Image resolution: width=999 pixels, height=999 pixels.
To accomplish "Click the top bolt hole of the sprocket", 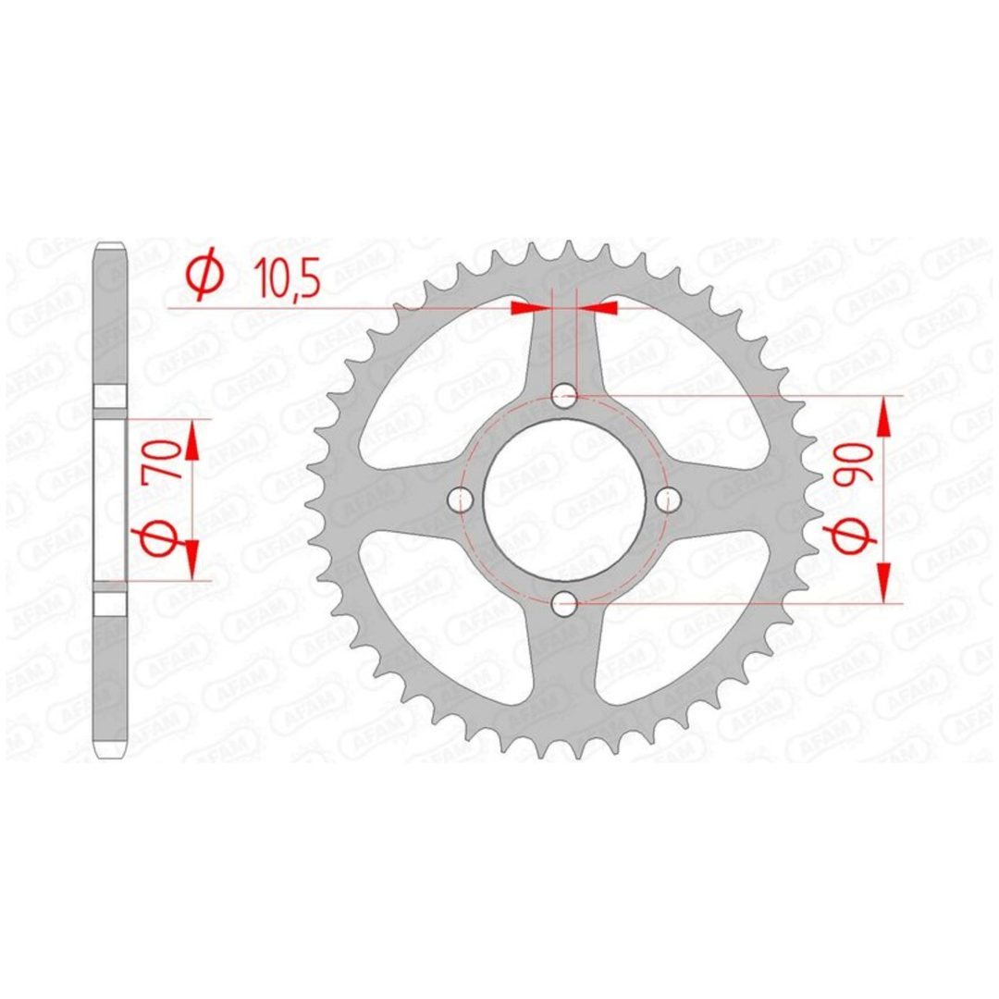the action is [564, 396].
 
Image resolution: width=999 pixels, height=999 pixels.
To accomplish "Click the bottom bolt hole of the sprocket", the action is [564, 603].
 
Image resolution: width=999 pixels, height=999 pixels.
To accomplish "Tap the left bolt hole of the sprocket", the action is [461, 499].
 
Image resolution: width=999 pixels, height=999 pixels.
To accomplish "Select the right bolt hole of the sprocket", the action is [669, 499].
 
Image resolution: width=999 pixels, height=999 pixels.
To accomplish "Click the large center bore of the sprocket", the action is [564, 499].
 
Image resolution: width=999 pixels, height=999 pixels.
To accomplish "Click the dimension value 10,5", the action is [286, 281].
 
